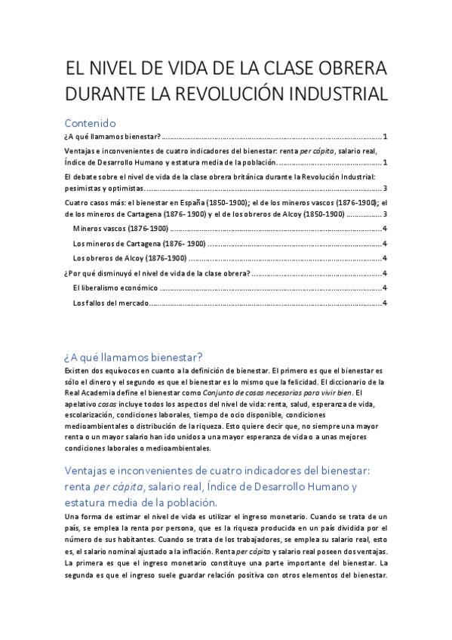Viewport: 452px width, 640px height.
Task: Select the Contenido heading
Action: click(90, 122)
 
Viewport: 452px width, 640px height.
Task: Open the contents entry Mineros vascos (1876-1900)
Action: click(120, 228)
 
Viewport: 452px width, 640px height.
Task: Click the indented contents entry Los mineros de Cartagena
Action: click(139, 243)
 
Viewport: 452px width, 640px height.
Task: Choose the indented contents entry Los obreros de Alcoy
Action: click(130, 258)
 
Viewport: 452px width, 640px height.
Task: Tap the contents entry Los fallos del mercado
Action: click(111, 303)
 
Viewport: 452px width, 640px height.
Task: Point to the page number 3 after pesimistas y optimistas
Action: click(385, 189)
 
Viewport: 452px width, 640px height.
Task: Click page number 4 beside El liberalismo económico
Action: click(385, 288)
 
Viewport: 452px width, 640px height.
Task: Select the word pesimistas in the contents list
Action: click(84, 189)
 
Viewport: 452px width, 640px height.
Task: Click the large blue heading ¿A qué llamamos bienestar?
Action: click(134, 356)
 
